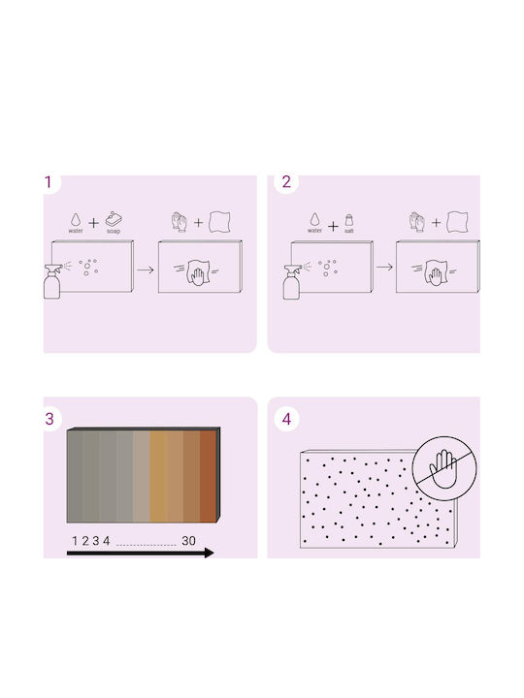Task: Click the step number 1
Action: point(49,182)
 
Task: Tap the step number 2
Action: point(286,182)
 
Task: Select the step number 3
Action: point(49,419)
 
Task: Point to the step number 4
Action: point(287,419)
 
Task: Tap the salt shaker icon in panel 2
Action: point(349,220)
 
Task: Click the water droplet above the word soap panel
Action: point(76,219)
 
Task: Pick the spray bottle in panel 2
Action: point(291,282)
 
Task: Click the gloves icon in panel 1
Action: point(180,222)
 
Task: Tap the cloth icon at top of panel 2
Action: point(458,221)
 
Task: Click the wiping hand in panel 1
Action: point(198,272)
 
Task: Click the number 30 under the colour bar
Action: point(188,541)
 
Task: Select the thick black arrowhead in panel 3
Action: point(209,553)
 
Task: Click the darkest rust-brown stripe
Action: point(208,476)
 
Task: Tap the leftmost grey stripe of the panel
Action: point(75,476)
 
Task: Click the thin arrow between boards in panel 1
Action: point(146,270)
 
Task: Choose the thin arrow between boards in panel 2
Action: point(384,268)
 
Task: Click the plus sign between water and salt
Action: point(333,227)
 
